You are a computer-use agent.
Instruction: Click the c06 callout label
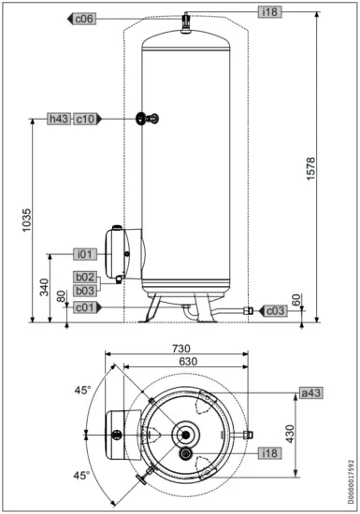85,19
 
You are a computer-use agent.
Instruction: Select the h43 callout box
59,119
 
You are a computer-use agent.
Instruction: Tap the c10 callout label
84,119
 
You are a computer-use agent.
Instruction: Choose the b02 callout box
86,278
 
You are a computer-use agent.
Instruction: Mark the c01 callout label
84,307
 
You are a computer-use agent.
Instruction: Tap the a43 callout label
310,393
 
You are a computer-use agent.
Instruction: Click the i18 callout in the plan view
268,453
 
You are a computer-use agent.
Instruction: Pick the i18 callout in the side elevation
269,11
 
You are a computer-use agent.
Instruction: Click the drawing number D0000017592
352,476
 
